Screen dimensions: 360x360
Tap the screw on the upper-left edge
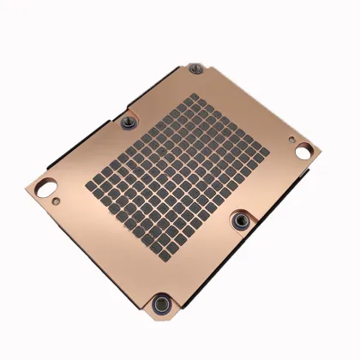pyautogui.click(x=129, y=122)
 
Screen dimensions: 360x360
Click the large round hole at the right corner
pyautogui.click(x=303, y=152)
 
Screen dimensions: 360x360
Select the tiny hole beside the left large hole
pyautogui.click(x=56, y=202)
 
